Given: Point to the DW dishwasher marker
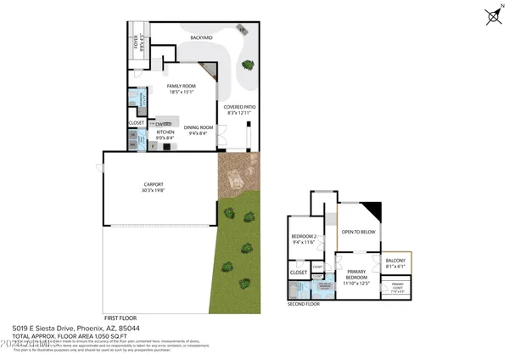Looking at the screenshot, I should click(159, 124).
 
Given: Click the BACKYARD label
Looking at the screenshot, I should click(201, 38).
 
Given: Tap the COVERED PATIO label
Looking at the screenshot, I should click(239, 107).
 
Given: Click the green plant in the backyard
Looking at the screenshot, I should click(248, 64).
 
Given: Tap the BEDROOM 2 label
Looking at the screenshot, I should click(303, 236).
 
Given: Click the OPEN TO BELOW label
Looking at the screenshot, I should click(359, 232).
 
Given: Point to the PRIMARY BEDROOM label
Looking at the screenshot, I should click(356, 274).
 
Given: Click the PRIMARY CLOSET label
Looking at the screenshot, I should click(397, 285).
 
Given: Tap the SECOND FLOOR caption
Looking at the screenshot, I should click(304, 303).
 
